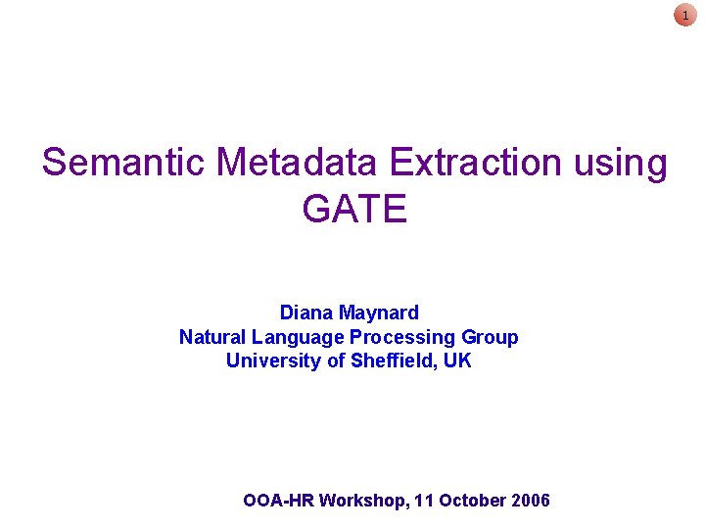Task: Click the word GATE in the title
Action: tap(353, 209)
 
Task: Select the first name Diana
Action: tap(306, 313)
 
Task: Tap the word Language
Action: tap(298, 338)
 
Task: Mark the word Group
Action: tap(490, 338)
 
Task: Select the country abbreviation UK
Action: tap(457, 361)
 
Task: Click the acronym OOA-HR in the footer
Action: tap(278, 501)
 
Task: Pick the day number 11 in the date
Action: tap(424, 501)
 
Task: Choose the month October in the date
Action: tap(470, 501)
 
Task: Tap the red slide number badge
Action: tap(685, 15)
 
